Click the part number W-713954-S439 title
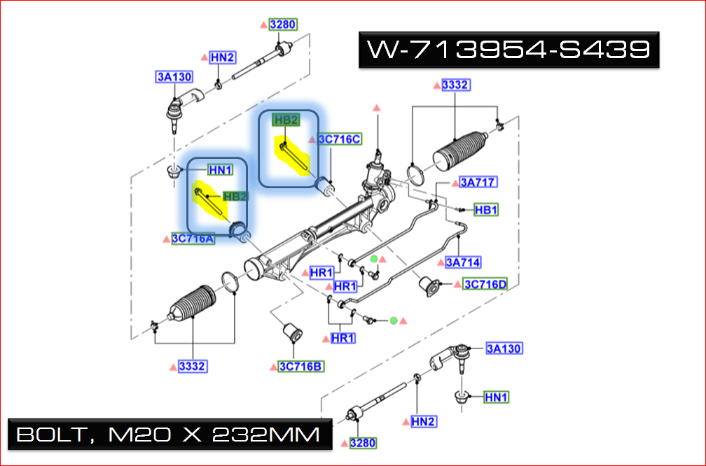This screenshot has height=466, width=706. point(509,50)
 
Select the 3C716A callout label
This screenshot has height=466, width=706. point(193,239)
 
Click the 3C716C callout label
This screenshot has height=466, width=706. point(340,139)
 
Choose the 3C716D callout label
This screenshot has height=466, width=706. point(485,285)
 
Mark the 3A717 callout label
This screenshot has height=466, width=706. point(478,183)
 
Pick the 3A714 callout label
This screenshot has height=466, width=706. point(463,263)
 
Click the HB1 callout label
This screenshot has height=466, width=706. point(485,209)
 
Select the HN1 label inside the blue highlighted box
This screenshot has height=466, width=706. point(221,169)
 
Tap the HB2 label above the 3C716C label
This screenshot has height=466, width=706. point(286,120)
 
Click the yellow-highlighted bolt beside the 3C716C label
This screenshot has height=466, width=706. point(294,157)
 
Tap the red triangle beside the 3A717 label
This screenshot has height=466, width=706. point(454,183)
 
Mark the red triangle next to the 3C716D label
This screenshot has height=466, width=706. point(457,285)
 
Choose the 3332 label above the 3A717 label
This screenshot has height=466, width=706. point(455,85)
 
